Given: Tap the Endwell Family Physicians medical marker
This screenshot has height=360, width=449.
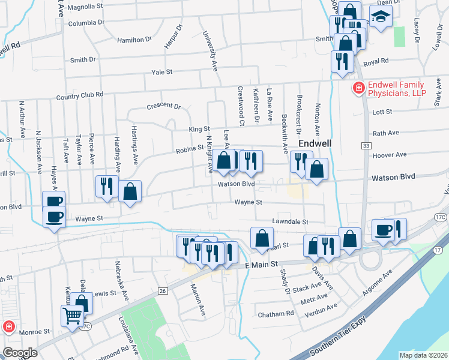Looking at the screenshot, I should (358, 88).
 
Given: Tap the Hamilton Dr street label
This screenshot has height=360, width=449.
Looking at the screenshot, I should (135, 39).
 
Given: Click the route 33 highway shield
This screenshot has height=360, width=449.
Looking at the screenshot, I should (365, 145).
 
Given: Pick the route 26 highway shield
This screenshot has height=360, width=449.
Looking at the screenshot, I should (162, 291).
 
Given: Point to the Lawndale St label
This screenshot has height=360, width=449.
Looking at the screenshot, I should (289, 221).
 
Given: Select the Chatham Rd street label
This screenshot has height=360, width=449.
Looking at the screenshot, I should (276, 313).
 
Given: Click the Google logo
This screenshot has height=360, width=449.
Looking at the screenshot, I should (20, 352).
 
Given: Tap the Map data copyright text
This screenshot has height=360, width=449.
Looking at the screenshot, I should (423, 355).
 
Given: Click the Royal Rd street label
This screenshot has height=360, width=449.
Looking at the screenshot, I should (376, 61).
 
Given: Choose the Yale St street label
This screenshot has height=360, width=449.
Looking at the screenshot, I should (162, 71).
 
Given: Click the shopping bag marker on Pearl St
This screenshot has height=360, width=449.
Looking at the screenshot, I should (262, 238).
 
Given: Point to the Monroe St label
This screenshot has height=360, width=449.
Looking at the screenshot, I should (35, 331).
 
